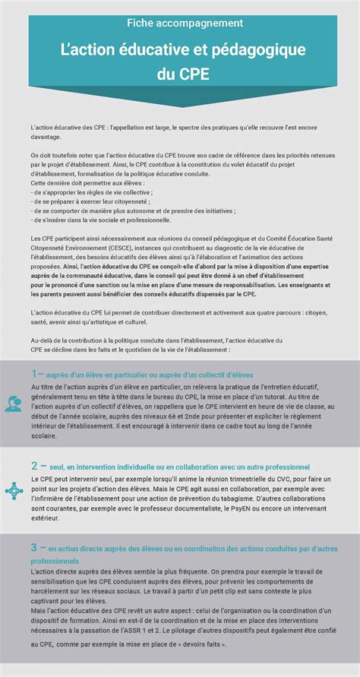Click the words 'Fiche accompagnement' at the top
point(180,24)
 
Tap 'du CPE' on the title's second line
point(180,75)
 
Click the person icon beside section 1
point(14,404)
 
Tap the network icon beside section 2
point(14,491)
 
